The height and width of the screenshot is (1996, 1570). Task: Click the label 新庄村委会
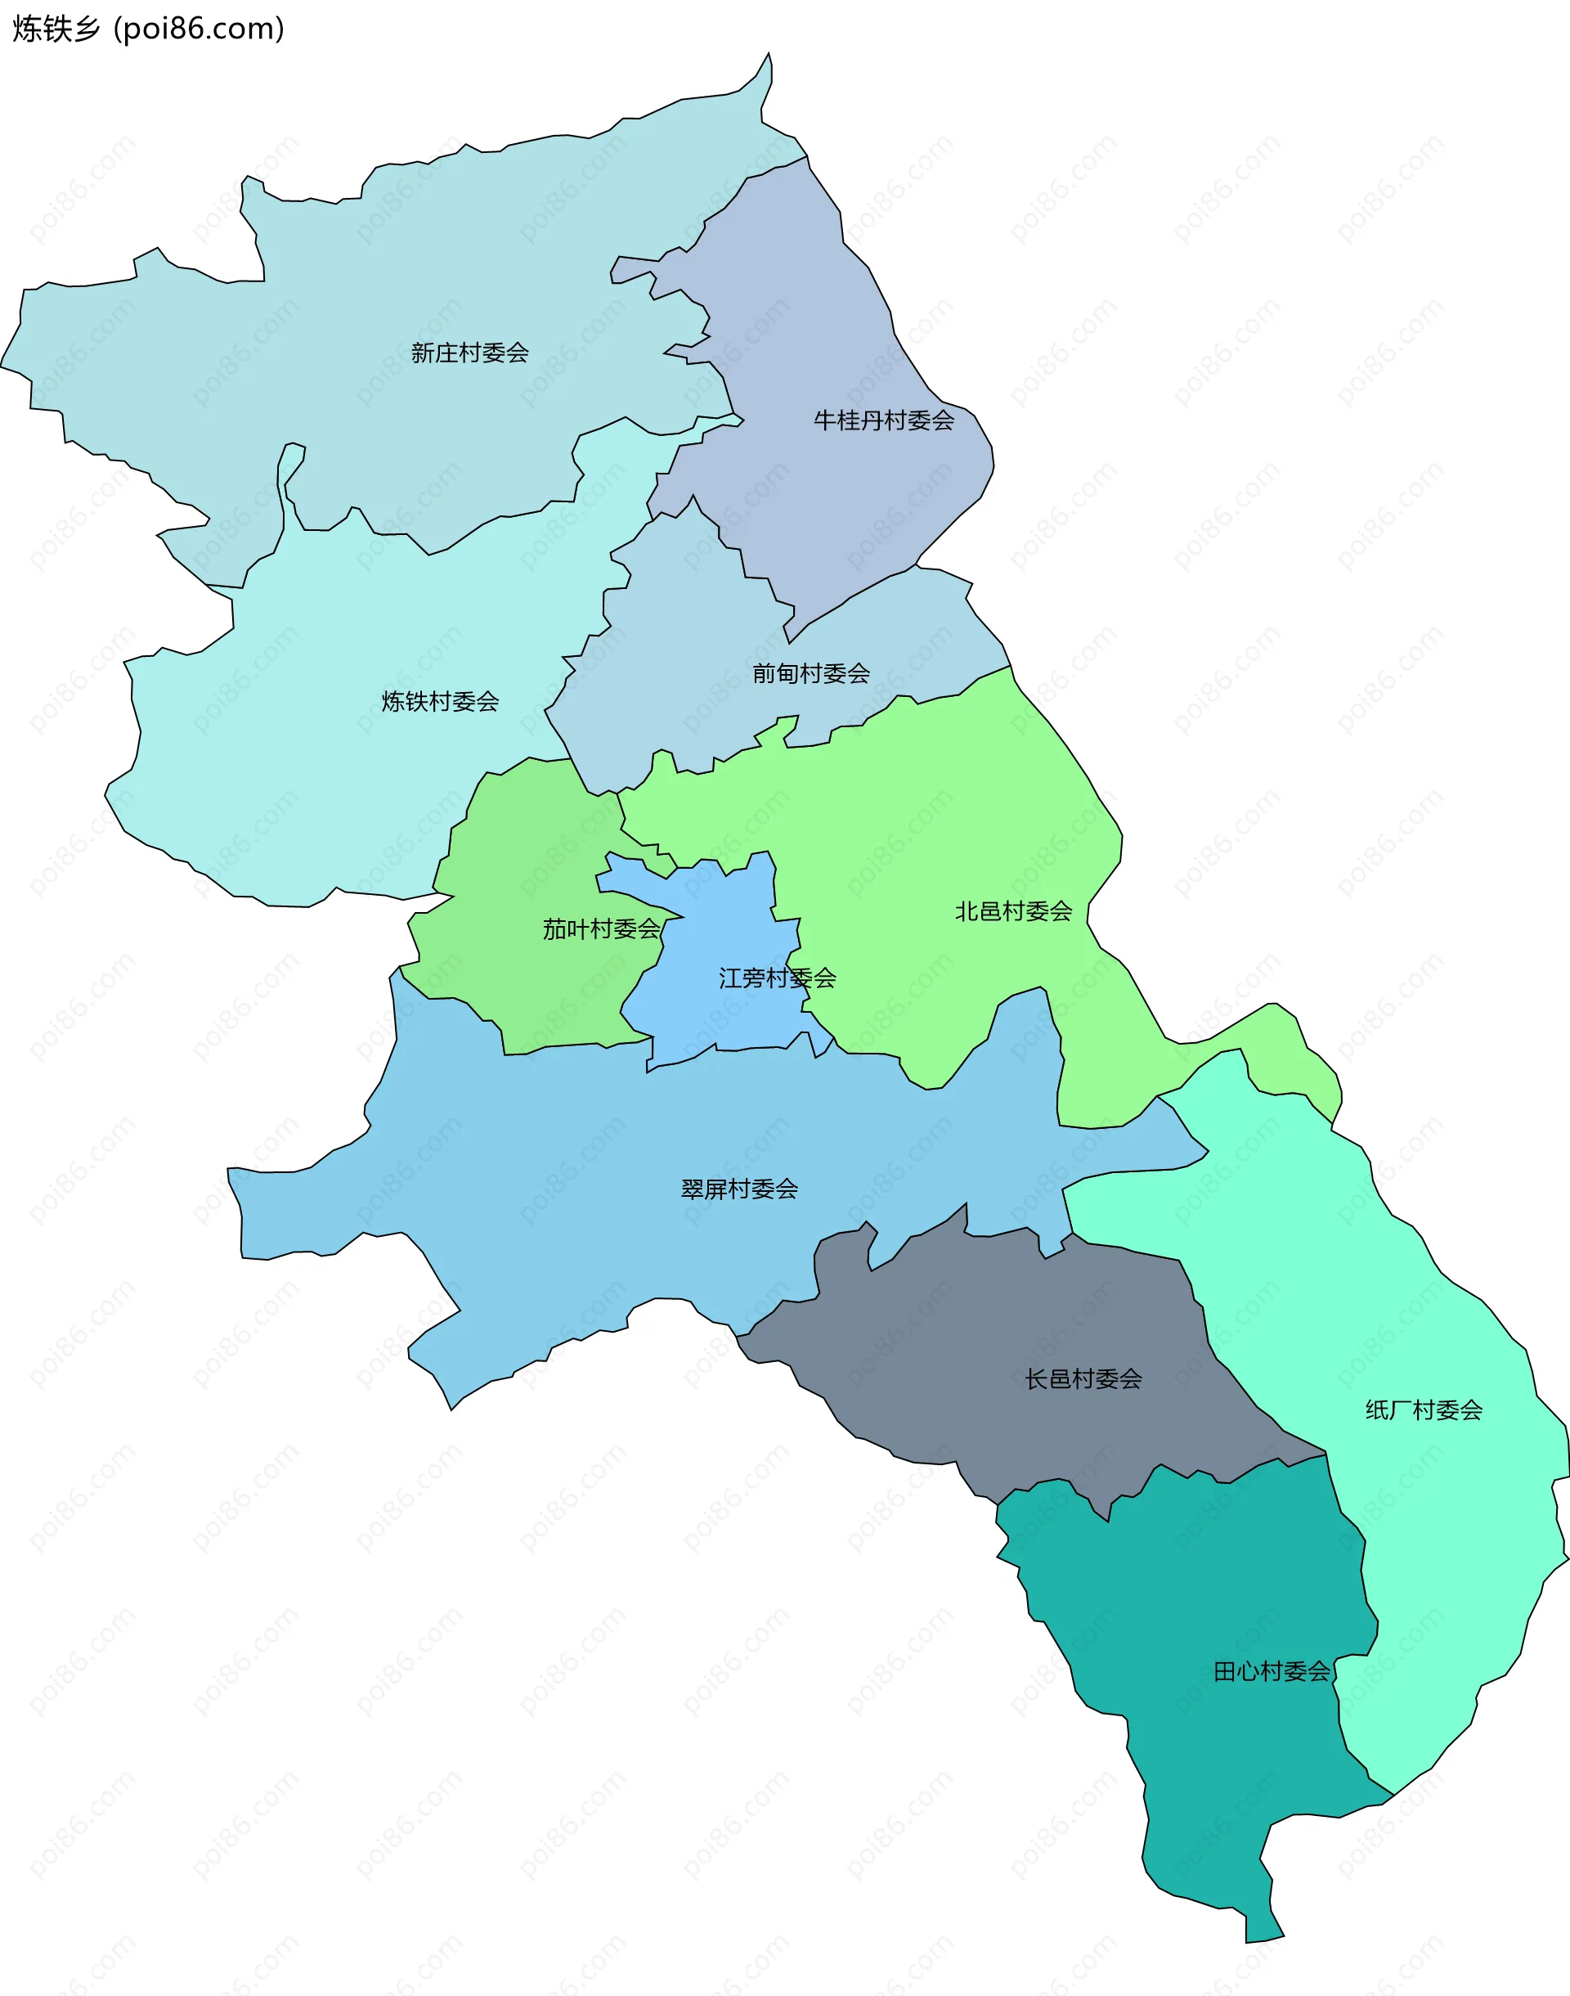[x=469, y=353]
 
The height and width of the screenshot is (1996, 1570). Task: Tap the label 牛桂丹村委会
[x=883, y=421]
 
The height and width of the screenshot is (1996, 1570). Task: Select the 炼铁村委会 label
[x=440, y=702]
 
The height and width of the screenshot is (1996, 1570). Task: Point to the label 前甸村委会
[x=810, y=674]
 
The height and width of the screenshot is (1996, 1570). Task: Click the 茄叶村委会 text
[x=601, y=929]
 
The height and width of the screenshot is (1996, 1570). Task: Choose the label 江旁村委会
[x=777, y=978]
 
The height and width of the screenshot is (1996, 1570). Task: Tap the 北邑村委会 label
[x=1013, y=911]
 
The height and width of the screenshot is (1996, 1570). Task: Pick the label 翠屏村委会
[x=739, y=1189]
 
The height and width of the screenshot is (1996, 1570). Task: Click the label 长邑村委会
[x=1083, y=1379]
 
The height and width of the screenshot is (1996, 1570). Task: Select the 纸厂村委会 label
[x=1423, y=1410]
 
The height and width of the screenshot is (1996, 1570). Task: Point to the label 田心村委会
[x=1272, y=1671]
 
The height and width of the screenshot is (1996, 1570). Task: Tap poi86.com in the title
[x=199, y=29]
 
